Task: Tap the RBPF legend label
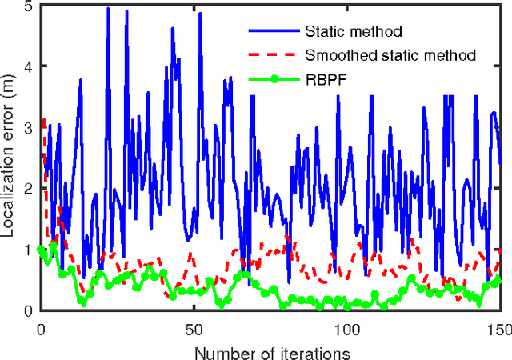(326, 78)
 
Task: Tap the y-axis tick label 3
(28, 127)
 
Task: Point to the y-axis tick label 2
(28, 188)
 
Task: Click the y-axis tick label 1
(28, 249)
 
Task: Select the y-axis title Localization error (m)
(10, 156)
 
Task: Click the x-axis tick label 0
(41, 328)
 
